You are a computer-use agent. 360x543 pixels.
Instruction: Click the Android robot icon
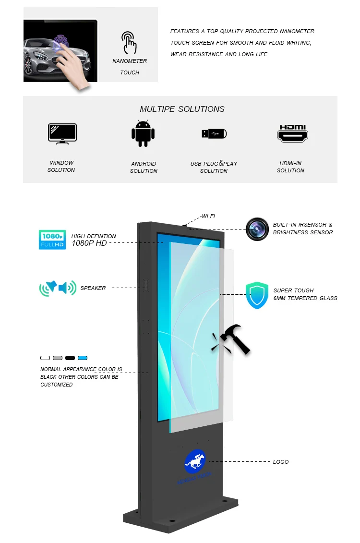[144, 133]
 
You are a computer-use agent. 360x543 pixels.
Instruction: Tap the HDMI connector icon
[292, 133]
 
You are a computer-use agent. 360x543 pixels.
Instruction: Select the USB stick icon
[214, 133]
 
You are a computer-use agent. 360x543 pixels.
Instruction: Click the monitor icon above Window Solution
[62, 133]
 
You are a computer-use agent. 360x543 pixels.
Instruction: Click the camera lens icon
[257, 229]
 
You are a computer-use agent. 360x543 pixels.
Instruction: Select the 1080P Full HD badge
[52, 240]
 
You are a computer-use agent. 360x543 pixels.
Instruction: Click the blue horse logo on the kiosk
[195, 461]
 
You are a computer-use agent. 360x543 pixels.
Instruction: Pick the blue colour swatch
[83, 358]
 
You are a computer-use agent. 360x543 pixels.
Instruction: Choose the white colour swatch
[45, 358]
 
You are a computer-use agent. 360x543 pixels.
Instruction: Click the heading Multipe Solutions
[182, 109]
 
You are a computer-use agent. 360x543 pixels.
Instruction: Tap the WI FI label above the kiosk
[208, 217]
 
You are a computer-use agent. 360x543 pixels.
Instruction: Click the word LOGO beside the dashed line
[281, 462]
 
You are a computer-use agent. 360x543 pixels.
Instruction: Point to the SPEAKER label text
[93, 288]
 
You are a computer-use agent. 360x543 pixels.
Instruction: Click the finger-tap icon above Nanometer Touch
[129, 43]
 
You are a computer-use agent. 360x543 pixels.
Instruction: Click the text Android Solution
[144, 167]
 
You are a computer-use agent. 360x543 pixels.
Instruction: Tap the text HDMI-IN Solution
[290, 167]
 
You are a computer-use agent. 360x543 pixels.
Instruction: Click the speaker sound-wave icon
[58, 288]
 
